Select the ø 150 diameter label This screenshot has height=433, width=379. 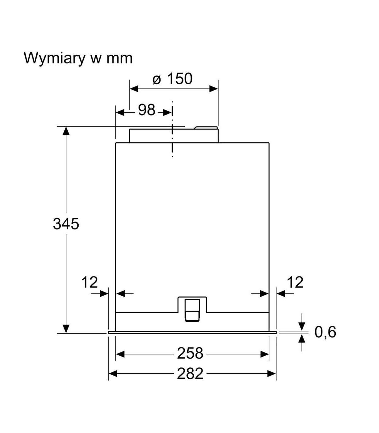[x=172, y=79]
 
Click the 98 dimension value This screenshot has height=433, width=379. [x=147, y=110]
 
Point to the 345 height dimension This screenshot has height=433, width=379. [x=66, y=224]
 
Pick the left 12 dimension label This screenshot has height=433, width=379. [x=90, y=282]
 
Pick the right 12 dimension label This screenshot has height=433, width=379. [x=295, y=282]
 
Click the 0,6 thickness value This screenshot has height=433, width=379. [x=325, y=332]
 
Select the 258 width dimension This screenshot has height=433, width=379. [x=190, y=353]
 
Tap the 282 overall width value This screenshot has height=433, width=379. [x=190, y=374]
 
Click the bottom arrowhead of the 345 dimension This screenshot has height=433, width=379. [x=66, y=329]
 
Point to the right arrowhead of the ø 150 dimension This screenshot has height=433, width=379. [x=214, y=89]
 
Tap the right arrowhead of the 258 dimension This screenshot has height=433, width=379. [x=265, y=354]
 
